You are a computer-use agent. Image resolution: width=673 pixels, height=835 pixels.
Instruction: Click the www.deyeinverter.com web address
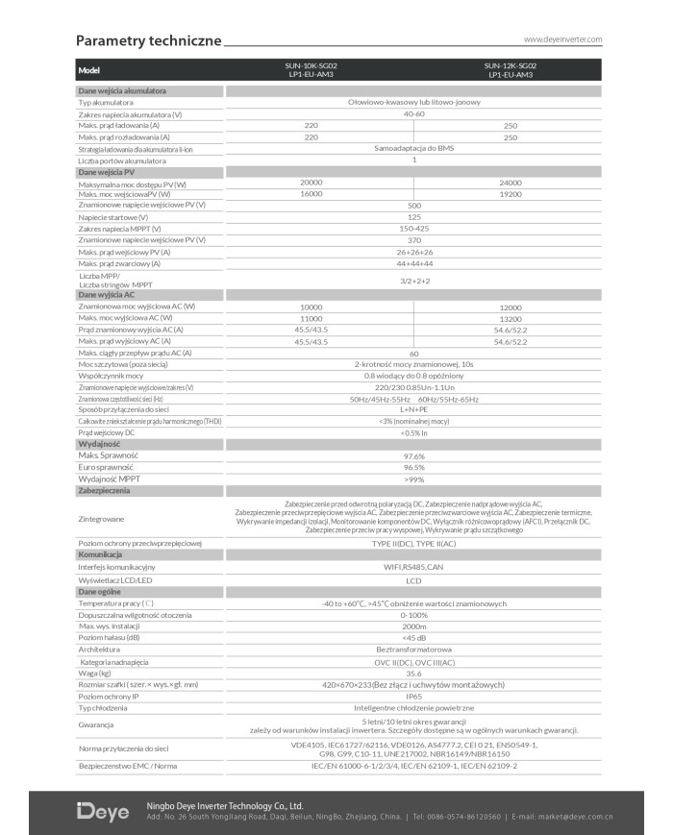click(x=562, y=39)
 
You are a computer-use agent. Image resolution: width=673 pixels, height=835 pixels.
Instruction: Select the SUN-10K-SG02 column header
click(x=311, y=69)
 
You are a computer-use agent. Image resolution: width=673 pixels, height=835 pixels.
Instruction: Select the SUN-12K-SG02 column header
click(x=511, y=69)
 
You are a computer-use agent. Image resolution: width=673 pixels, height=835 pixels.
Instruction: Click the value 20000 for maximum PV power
click(x=311, y=182)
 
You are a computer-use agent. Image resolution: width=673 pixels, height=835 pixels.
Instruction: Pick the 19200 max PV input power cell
click(x=511, y=193)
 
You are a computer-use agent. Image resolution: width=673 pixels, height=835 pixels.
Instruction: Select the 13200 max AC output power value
click(x=511, y=317)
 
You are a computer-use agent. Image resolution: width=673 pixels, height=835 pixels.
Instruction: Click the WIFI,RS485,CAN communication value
click(x=414, y=568)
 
